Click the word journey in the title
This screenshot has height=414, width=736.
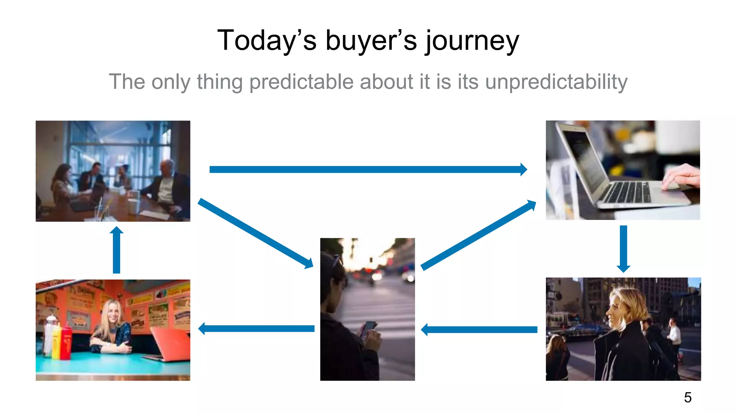point(472,41)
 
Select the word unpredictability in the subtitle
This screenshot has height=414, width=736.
point(556,82)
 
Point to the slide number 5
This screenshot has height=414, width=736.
point(687,397)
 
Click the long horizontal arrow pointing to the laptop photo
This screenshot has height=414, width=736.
point(367,169)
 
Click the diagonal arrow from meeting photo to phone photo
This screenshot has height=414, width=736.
point(255,233)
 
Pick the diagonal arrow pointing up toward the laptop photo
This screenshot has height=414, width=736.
point(478,235)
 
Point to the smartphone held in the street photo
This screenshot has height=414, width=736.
point(369,329)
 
